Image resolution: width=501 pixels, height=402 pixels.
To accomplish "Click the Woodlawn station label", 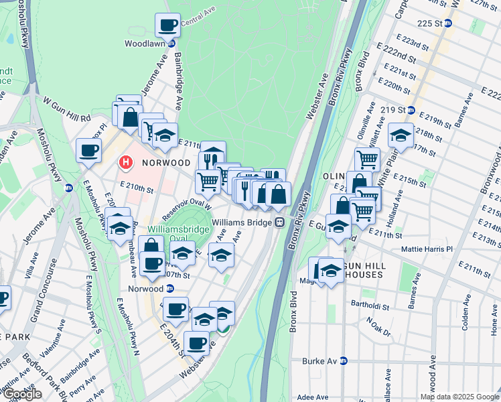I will point(145,44).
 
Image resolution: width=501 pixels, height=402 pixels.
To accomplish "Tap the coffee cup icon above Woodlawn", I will point(167,25).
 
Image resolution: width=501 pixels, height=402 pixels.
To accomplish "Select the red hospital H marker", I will point(125,162).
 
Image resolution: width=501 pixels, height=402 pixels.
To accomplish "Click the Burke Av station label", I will point(321,360).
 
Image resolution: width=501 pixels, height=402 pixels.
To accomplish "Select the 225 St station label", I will point(430,23).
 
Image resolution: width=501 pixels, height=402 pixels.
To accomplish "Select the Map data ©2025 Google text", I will point(459,397).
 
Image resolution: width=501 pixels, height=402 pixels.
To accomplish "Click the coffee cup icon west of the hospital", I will point(88,151).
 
